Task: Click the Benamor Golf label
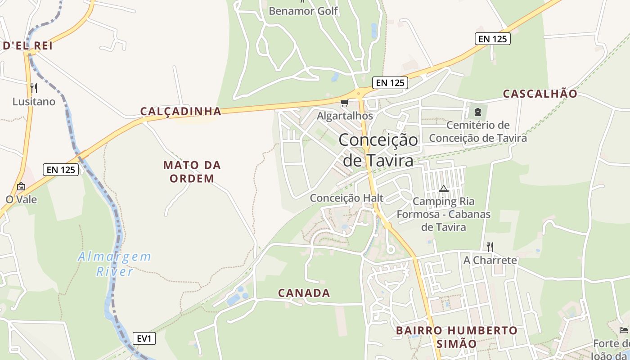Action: [x=303, y=11]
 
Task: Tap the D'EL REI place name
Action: [x=28, y=45]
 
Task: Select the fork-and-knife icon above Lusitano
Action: [x=34, y=88]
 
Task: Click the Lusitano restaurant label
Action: [x=34, y=102]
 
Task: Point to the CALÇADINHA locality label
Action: [x=180, y=111]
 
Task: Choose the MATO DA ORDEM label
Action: [x=192, y=171]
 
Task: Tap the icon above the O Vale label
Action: [x=21, y=186]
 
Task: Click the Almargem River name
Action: [x=115, y=264]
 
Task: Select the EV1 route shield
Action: [x=144, y=338]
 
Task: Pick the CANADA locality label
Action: [x=304, y=293]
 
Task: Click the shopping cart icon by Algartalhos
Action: [x=345, y=103]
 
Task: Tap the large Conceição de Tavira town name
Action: [x=378, y=150]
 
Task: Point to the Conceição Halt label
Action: [x=346, y=198]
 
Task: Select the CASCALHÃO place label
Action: [x=540, y=94]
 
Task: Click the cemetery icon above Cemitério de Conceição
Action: [x=478, y=111]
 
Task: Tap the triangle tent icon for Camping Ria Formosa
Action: [x=444, y=189]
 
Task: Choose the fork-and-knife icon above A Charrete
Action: [x=490, y=247]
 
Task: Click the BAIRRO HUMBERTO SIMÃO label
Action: [x=457, y=337]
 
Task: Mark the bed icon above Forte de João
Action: [x=624, y=330]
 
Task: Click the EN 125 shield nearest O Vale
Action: [x=61, y=170]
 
